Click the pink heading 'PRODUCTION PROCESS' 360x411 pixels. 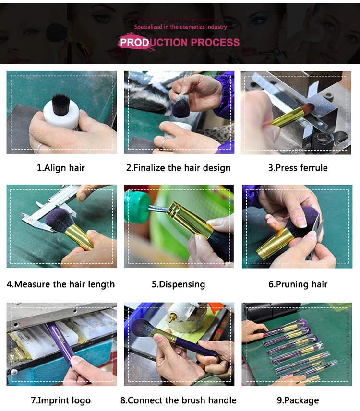click(180, 42)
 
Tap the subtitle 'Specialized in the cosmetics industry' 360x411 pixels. click(180, 27)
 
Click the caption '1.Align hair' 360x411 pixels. click(61, 168)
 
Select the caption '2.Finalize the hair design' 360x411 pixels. click(179, 168)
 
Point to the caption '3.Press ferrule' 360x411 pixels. click(298, 168)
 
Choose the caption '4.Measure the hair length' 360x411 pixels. click(60, 284)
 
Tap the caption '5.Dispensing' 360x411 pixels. click(179, 284)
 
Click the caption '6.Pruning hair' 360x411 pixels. click(298, 284)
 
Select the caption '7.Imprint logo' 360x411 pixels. click(61, 400)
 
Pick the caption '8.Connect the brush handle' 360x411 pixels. click(179, 400)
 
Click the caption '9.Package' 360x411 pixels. click(298, 400)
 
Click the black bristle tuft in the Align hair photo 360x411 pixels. click(61, 104)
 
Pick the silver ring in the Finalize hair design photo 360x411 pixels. click(164, 143)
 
